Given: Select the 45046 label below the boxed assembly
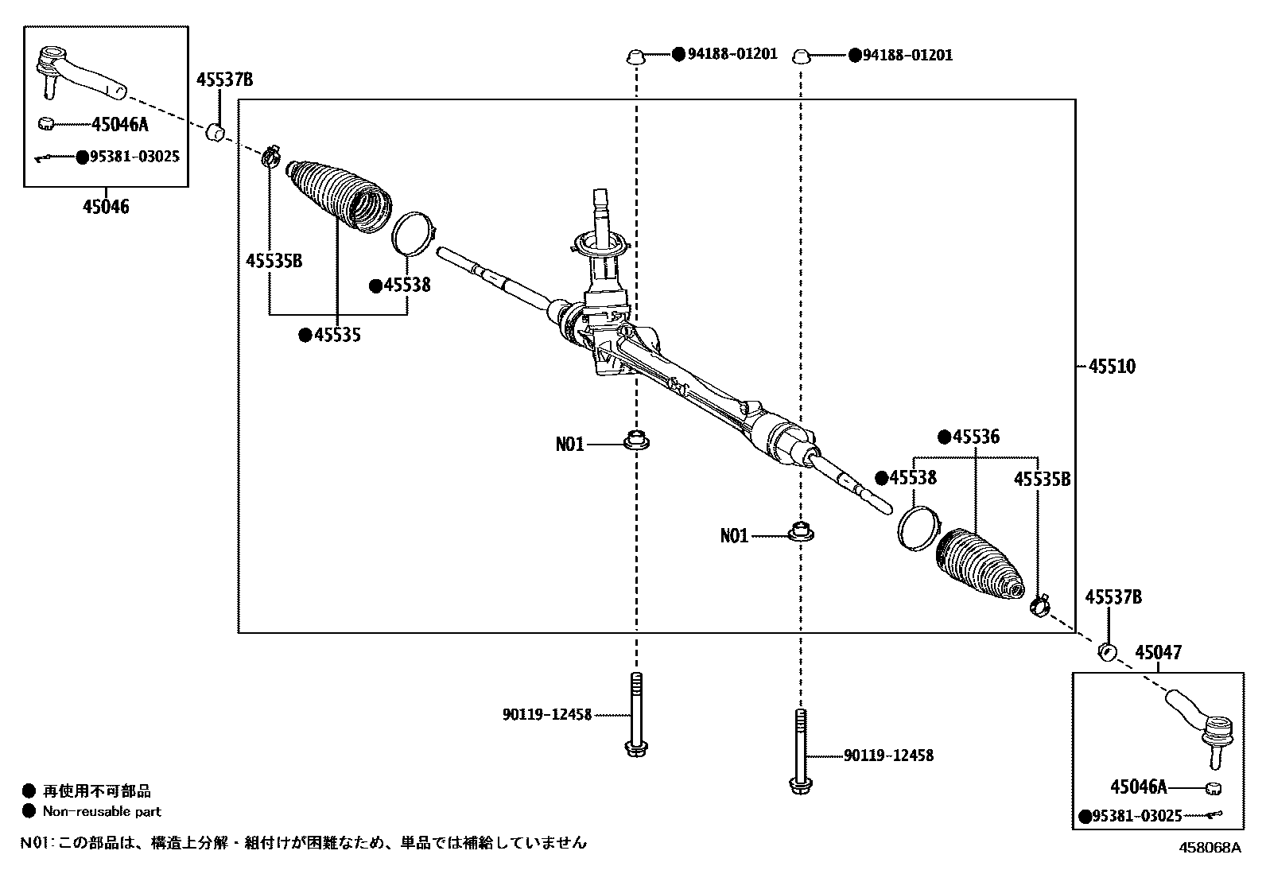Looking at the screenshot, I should (x=106, y=208).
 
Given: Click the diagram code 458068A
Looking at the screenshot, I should (x=1209, y=848).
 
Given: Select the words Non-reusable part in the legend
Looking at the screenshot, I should (x=102, y=812).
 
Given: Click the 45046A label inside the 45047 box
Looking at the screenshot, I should (x=1138, y=787).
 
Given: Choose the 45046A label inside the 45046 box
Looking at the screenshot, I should (x=120, y=123).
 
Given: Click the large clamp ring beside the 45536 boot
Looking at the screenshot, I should (x=916, y=526).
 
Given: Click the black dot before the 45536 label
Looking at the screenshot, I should (x=944, y=437).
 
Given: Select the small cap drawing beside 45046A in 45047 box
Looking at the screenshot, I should (x=1213, y=788).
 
